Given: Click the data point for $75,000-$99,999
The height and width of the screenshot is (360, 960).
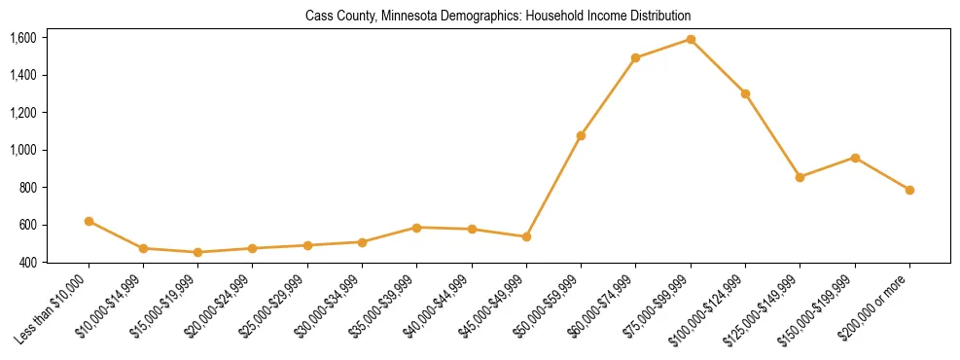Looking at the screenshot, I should [691, 39].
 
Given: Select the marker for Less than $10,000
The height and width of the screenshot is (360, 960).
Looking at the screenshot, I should [89, 221].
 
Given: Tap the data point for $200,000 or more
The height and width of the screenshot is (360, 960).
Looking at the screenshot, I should [909, 190].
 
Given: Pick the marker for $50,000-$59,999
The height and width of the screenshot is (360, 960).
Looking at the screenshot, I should [581, 135].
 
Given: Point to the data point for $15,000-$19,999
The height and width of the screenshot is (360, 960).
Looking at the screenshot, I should [198, 252].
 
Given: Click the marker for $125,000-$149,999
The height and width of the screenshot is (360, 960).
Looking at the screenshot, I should [800, 177].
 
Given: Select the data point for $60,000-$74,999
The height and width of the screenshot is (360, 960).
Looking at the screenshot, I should [635, 57].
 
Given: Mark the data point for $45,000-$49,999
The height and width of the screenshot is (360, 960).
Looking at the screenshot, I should [526, 236].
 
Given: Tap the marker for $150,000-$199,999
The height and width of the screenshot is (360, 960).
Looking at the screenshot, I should [855, 158].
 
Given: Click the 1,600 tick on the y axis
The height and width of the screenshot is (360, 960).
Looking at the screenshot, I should [22, 38].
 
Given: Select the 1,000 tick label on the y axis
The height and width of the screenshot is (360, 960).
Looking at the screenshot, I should [22, 150].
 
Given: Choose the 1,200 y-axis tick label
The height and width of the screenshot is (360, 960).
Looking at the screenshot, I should [22, 113].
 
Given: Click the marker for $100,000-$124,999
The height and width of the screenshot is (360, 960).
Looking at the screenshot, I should [745, 93].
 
